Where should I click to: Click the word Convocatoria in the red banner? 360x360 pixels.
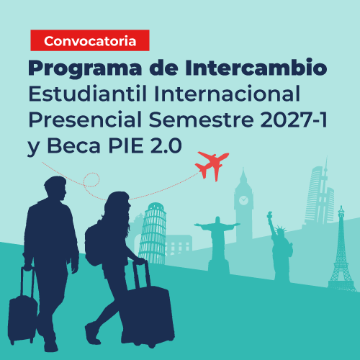[90, 41]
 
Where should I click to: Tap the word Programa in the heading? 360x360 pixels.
[85, 68]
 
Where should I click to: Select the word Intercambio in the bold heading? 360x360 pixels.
[256, 67]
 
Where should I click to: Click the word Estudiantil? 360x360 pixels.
[87, 94]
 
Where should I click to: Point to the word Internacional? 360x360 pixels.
[227, 94]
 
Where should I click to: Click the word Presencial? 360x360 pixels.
[85, 120]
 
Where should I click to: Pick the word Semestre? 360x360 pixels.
[201, 120]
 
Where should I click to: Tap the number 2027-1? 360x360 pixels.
[294, 120]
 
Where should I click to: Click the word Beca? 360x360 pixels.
[73, 145]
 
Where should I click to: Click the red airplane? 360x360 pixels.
[212, 165]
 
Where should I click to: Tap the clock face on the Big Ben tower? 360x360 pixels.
[243, 200]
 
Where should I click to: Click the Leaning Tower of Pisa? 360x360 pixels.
[153, 234]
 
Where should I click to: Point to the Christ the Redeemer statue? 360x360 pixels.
[218, 243]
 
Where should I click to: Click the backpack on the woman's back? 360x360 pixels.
[94, 243]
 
